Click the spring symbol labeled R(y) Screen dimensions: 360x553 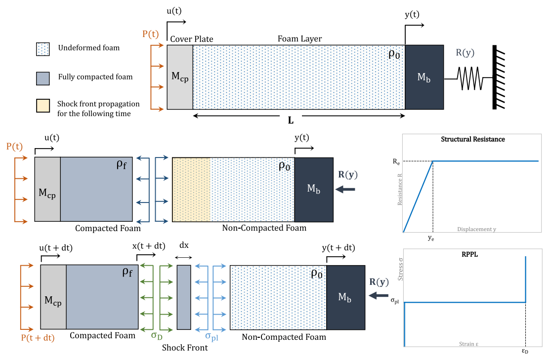pos(468,78)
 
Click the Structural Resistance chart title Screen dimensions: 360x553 pos(472,139)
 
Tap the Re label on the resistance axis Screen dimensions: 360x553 pos(395,160)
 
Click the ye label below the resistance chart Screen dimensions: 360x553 pos(431,238)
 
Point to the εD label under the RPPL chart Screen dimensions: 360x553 pos(525,352)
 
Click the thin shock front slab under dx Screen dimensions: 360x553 pos(184,297)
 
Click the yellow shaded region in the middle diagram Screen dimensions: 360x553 pos(191,190)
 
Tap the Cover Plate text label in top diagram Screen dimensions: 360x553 pos(191,39)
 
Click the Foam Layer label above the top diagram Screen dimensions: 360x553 pos(299,39)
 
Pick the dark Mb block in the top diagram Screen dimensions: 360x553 pos(424,77)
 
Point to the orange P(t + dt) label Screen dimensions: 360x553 pos(37,338)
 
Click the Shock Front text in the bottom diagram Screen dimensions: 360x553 pos(185,348)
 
